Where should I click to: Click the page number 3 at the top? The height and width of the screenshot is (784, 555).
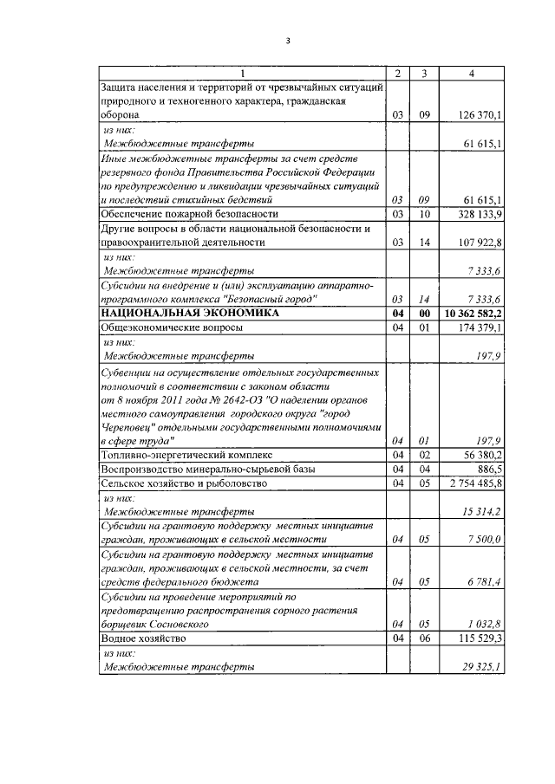[x=287, y=40]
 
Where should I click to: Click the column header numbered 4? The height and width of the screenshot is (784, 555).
[x=471, y=74]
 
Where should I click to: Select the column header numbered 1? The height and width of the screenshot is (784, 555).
[x=243, y=74]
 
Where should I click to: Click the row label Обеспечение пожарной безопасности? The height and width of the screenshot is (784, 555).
[x=190, y=213]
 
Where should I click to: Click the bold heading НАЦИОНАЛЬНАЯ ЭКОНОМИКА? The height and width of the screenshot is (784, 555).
[x=190, y=313]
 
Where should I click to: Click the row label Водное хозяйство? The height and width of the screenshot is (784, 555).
[x=144, y=638]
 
